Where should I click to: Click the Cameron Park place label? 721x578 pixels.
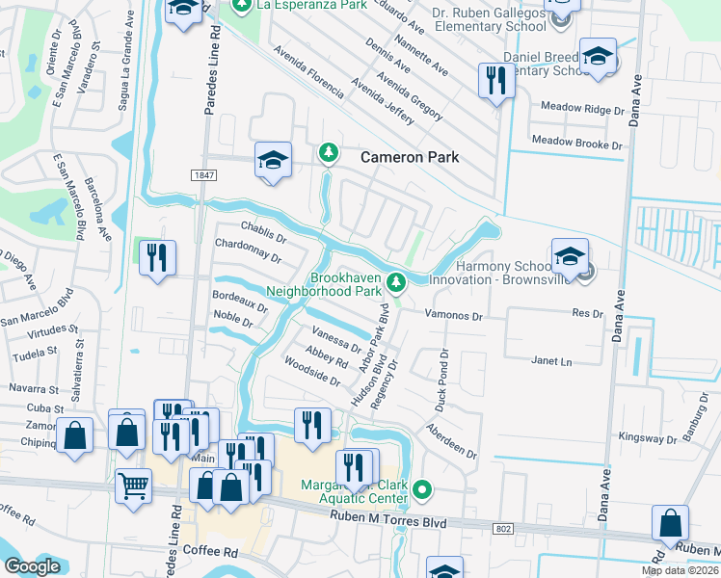410,157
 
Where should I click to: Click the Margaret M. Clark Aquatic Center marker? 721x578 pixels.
421,492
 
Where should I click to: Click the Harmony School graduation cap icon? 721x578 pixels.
570,256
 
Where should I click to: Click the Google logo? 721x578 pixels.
33,566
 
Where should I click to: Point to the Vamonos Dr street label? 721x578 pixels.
453,315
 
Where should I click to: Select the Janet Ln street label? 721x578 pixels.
551,360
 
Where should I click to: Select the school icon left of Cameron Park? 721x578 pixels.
273,160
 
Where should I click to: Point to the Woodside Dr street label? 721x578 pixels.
311,371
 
